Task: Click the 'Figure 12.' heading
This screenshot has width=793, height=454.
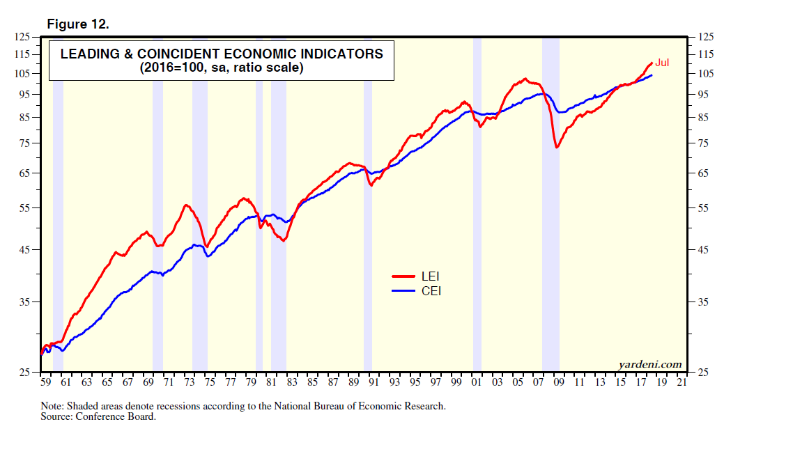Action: click(77, 24)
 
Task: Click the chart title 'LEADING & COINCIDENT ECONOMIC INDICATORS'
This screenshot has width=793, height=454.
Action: click(222, 54)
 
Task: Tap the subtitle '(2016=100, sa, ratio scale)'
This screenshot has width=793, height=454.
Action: click(222, 68)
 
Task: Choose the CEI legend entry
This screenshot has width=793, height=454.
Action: click(431, 291)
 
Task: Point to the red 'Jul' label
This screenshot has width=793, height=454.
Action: click(662, 63)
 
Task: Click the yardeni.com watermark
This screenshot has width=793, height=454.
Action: click(649, 364)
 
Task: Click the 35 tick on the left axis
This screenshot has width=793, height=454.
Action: click(25, 302)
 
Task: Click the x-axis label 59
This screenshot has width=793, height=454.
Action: click(46, 382)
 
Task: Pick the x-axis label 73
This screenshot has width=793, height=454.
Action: click(190, 382)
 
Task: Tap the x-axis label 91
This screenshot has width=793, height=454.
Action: click(374, 382)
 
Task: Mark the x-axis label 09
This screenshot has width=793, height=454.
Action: click(558, 382)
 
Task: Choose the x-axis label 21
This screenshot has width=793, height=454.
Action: click(682, 382)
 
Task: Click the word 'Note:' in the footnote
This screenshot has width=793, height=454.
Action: click(53, 406)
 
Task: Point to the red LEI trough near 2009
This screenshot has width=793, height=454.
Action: click(556, 147)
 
